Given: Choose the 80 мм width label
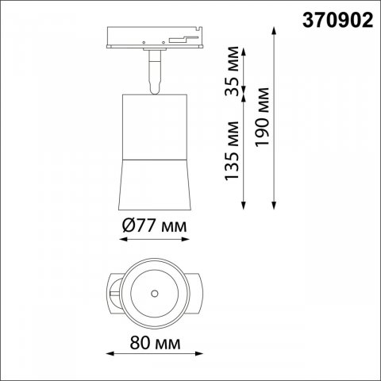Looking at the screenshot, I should click(x=155, y=344).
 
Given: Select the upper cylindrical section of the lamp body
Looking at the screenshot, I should click(x=156, y=119).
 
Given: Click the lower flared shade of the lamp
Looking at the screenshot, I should click(x=156, y=179).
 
